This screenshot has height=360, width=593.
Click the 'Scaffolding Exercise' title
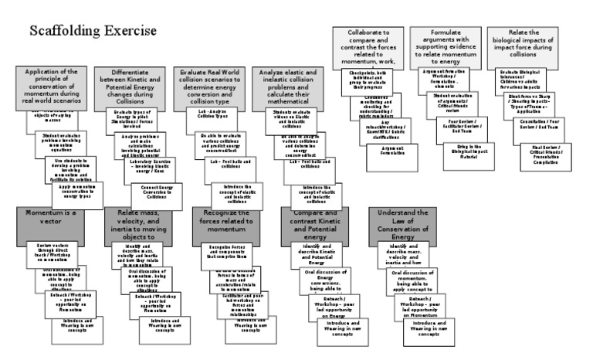[x=93, y=32]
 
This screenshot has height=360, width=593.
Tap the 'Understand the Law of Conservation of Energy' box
[x=402, y=223]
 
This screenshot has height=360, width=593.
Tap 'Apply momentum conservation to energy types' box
[x=76, y=189]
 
